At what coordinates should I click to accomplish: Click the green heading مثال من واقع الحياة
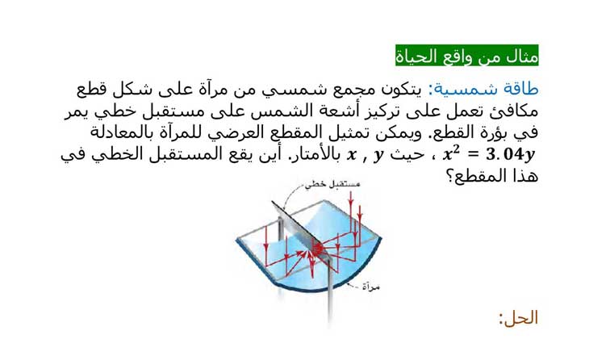tap(467, 55)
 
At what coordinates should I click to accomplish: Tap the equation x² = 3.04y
tap(489, 154)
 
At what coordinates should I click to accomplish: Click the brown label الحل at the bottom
tap(519, 318)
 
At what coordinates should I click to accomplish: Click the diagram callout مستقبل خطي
tap(332, 184)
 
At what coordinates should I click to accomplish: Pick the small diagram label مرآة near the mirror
tap(370, 287)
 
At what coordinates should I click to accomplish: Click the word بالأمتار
tap(315, 154)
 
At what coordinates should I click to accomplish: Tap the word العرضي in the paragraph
tap(229, 133)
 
